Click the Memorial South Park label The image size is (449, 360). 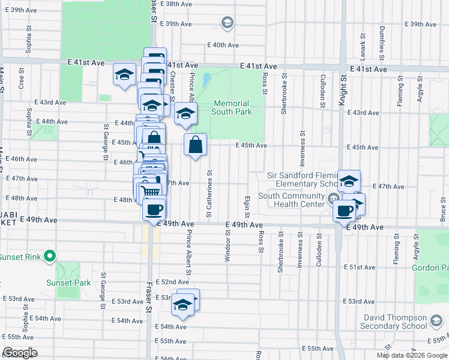click(x=231, y=107)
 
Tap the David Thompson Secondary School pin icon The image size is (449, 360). click(x=436, y=323)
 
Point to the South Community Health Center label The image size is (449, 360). click(x=292, y=200)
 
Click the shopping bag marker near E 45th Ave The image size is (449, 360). click(x=196, y=145)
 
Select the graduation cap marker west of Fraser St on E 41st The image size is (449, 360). click(x=124, y=75)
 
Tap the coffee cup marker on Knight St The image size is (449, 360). click(x=345, y=211)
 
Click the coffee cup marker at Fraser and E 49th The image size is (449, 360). click(x=154, y=209)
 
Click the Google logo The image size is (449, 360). click(x=20, y=353)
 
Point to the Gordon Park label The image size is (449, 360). click(x=430, y=267)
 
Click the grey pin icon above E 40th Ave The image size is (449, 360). click(x=227, y=23)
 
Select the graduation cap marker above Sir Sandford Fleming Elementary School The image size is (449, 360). click(x=349, y=181)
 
